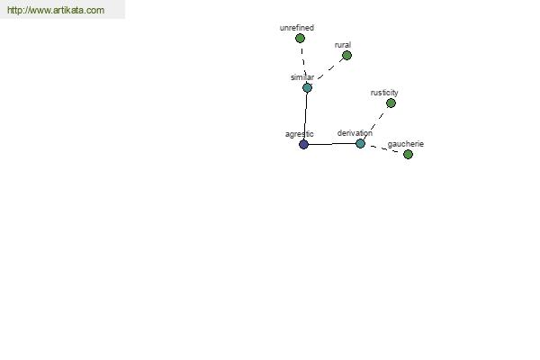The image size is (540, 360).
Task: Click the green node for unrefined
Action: point(300,38)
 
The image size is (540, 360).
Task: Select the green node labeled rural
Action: point(346,55)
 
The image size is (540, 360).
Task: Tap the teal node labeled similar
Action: point(307,88)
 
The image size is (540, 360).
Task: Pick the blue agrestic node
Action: point(303,144)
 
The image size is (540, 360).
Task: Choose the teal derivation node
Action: point(360,143)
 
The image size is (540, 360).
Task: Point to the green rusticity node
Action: point(391,103)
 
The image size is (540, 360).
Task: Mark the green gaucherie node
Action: point(408,154)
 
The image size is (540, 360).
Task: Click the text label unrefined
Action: point(297,28)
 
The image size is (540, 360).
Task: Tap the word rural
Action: point(343,45)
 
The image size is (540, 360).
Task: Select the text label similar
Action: point(302,77)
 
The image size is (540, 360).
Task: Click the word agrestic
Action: point(300,134)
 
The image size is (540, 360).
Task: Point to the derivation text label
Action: point(355,133)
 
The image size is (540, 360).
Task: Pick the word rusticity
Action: point(384,93)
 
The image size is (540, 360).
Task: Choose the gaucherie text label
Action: point(406,144)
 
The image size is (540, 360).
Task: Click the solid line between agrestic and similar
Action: point(305,116)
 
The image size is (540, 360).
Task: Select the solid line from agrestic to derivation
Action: point(332,144)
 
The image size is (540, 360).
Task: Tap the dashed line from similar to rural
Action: point(330,68)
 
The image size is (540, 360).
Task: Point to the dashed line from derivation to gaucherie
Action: point(384,148)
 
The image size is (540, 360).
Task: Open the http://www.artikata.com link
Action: point(56,10)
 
